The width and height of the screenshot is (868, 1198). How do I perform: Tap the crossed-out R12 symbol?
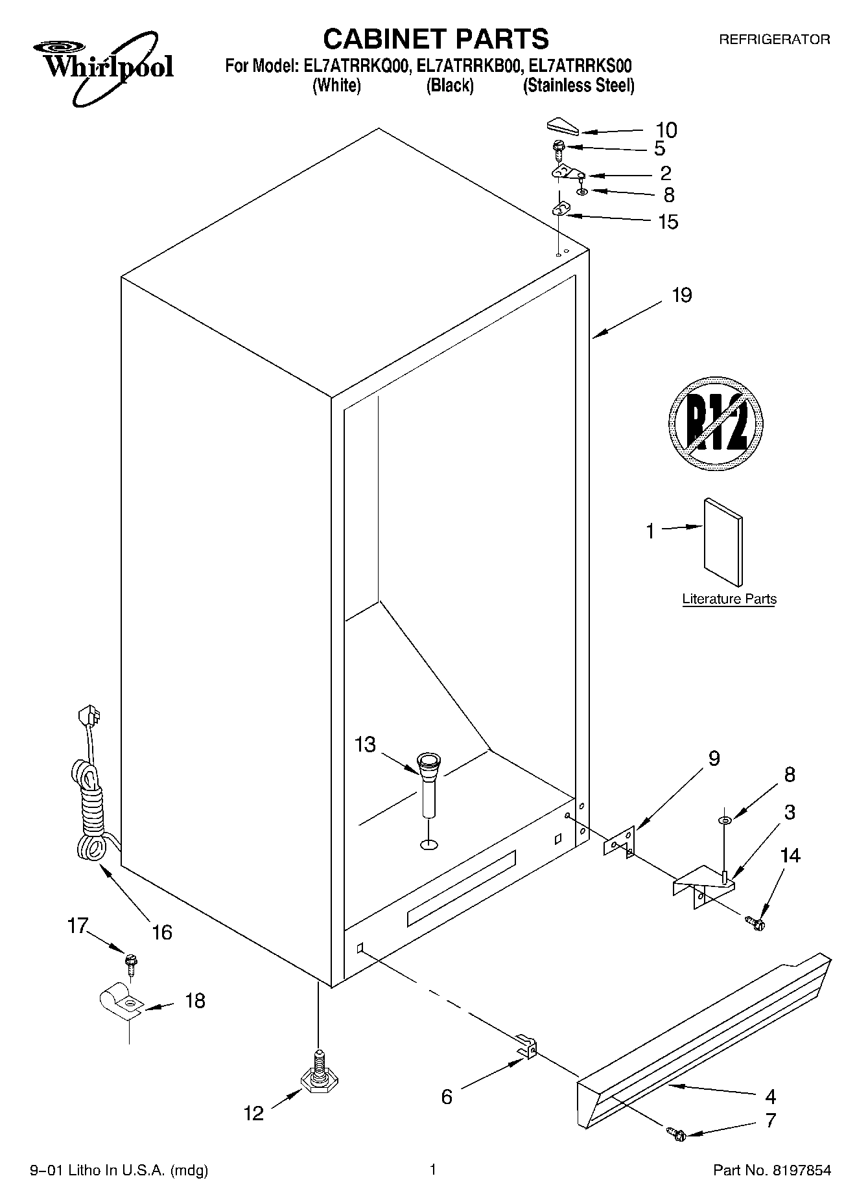click(715, 424)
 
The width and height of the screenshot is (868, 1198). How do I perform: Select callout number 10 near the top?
click(666, 130)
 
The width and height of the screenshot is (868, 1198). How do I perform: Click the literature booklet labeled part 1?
click(722, 542)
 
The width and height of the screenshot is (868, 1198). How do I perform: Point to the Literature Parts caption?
click(729, 599)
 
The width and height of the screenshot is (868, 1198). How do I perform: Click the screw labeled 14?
click(756, 921)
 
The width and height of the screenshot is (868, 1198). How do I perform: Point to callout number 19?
click(681, 295)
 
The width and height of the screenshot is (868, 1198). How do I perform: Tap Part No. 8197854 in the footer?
click(771, 1170)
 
